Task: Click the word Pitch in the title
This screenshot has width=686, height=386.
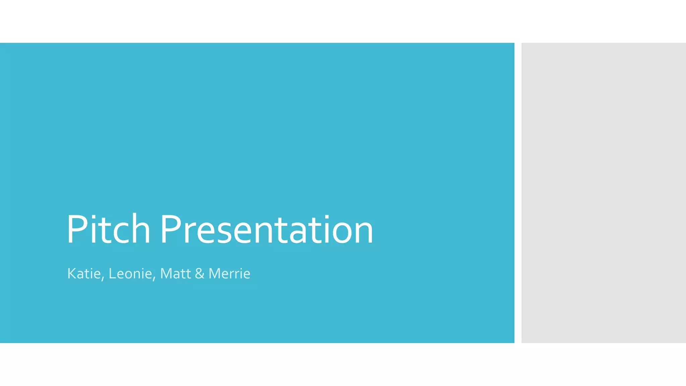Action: tap(108, 230)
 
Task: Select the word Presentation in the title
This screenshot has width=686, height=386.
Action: tap(267, 230)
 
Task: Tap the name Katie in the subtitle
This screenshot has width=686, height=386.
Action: tap(84, 274)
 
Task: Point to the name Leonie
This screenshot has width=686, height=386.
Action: tap(130, 274)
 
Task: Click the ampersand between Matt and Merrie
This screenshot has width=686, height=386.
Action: tap(200, 274)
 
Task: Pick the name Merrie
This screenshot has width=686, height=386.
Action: tap(229, 274)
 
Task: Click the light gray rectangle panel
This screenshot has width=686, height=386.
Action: tap(603, 193)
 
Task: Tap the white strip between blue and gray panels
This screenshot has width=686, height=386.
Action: tap(518, 193)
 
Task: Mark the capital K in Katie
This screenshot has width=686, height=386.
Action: tap(71, 274)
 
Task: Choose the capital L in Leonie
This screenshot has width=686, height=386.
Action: tap(112, 274)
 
